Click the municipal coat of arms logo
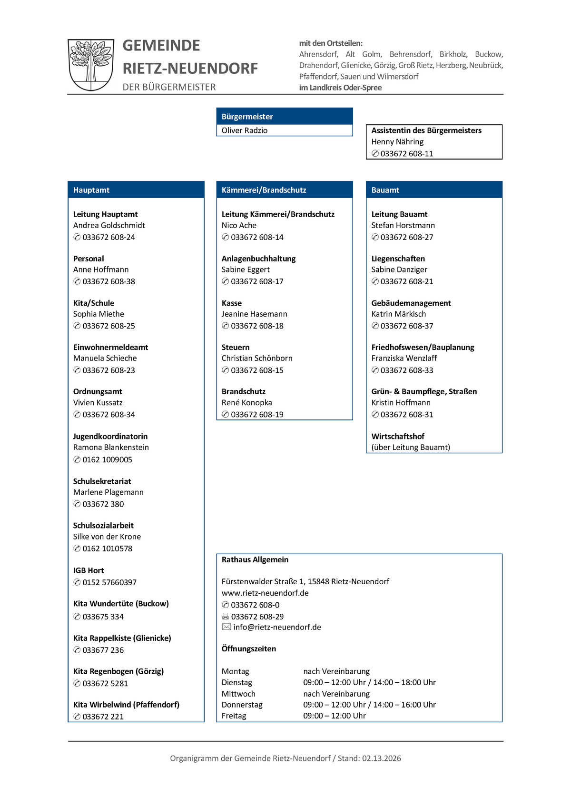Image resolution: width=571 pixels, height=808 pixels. click(x=91, y=65)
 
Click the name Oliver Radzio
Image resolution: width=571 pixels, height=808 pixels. click(x=245, y=130)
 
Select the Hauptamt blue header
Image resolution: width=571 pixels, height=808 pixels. click(x=136, y=190)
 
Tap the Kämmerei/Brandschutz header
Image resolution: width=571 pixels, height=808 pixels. click(x=285, y=190)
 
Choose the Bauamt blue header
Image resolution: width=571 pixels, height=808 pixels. click(x=434, y=190)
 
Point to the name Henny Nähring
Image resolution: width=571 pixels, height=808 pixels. click(x=397, y=142)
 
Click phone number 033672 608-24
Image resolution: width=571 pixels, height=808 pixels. click(x=108, y=237)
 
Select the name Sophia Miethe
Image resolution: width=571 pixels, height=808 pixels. click(x=98, y=314)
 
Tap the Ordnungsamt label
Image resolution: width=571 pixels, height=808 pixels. click(x=98, y=391)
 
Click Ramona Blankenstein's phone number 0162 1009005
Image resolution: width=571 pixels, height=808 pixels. click(x=107, y=459)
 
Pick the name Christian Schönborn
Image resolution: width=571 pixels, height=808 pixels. click(x=257, y=358)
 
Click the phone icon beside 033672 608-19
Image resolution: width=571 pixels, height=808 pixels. click(x=226, y=415)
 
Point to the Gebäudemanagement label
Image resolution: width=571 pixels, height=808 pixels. click(x=411, y=303)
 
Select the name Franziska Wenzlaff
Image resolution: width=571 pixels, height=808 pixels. click(x=404, y=358)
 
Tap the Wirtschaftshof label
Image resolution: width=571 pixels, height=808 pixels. click(x=398, y=436)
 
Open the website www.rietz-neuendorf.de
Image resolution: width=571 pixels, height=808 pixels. click(x=265, y=593)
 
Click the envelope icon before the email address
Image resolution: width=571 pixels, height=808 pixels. click(x=226, y=627)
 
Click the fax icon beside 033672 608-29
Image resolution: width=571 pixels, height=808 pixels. click(x=226, y=617)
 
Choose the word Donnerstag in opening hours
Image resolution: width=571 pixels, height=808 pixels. click(x=242, y=705)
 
